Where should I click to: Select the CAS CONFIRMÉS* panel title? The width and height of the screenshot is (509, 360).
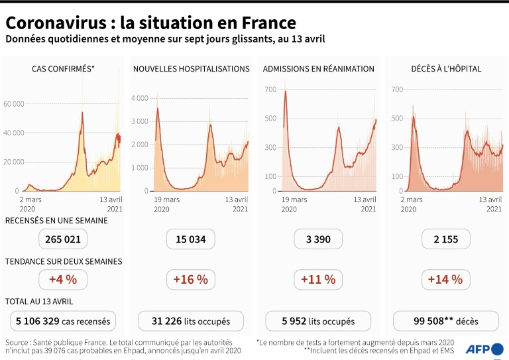63,69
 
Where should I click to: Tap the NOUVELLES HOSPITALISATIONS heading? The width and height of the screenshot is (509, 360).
191,69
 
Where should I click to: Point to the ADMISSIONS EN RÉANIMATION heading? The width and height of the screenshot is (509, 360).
318,69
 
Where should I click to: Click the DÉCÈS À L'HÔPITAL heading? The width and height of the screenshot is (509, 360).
445,69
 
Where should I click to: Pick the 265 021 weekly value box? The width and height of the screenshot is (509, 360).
63,239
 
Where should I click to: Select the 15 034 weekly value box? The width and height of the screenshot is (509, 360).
191,239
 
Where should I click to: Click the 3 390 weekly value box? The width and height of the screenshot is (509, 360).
318,239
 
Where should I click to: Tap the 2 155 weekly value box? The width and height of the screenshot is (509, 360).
445,239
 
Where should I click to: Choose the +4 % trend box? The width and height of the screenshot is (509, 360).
63,280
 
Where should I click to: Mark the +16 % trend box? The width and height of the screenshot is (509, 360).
191,280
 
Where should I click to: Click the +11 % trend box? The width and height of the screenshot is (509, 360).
318,280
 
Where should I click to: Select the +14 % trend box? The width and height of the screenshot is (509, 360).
445,280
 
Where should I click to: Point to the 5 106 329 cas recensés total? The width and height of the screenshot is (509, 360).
63,322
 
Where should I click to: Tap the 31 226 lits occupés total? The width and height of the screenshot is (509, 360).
191,322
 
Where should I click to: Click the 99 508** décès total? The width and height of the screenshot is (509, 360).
445,322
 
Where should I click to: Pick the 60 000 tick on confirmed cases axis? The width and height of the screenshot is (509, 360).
14,104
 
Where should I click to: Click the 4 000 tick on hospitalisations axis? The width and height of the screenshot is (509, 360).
140,98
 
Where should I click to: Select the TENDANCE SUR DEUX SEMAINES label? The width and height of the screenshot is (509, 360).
63,261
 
